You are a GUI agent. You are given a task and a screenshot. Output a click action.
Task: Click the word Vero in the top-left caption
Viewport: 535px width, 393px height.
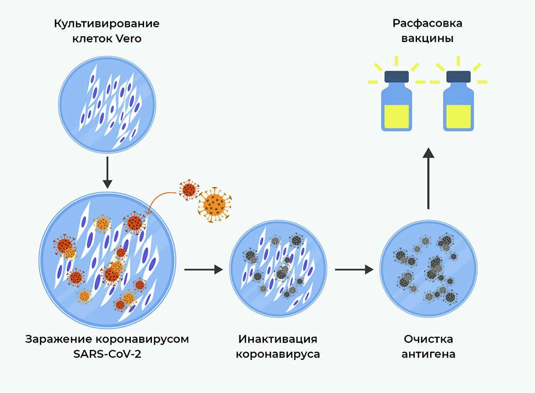pyautogui.click(x=128, y=38)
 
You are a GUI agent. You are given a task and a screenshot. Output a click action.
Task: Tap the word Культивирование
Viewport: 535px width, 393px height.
pyautogui.click(x=107, y=24)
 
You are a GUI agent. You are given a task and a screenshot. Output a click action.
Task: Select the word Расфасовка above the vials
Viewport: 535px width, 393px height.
pyautogui.click(x=427, y=23)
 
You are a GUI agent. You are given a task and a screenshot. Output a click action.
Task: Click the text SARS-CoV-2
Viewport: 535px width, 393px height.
pyautogui.click(x=107, y=354)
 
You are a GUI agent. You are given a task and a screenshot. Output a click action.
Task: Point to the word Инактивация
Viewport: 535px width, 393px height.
pyautogui.click(x=278, y=339)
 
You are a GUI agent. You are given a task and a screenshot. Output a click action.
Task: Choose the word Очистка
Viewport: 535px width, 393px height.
pyautogui.click(x=428, y=339)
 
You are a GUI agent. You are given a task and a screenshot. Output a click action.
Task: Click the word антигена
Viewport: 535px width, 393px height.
pyautogui.click(x=428, y=354)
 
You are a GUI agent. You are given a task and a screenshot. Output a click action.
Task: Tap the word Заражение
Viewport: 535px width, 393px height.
pyautogui.click(x=59, y=339)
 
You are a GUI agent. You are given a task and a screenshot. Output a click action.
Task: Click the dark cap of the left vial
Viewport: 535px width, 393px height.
pyautogui.click(x=397, y=77)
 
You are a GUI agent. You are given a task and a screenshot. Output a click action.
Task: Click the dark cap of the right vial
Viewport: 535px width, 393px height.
pyautogui.click(x=458, y=77)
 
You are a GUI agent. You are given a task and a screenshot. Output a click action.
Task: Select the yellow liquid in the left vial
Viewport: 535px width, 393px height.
pyautogui.click(x=397, y=116)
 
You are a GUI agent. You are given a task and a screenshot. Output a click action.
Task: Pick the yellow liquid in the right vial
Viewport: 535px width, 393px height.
pyautogui.click(x=458, y=116)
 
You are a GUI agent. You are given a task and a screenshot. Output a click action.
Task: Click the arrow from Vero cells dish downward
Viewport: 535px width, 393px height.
pyautogui.click(x=107, y=173)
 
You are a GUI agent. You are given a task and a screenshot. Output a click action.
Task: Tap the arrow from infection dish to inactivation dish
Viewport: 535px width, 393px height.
pyautogui.click(x=203, y=269)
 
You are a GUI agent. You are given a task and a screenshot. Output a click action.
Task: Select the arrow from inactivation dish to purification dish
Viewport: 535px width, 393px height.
pyautogui.click(x=354, y=269)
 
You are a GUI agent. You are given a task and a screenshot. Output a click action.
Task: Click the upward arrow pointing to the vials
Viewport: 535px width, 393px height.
pyautogui.click(x=428, y=178)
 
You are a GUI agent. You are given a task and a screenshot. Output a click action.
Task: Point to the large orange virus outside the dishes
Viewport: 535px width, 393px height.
pyautogui.click(x=214, y=205)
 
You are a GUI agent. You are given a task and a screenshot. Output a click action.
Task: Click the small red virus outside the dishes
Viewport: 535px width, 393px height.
pyautogui.click(x=189, y=190)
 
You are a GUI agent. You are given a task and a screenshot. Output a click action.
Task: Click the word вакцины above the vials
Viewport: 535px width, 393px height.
pyautogui.click(x=427, y=38)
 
